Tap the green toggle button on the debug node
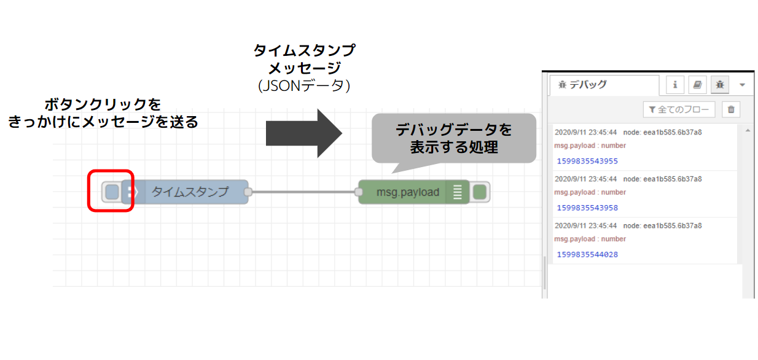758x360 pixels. click(x=480, y=192)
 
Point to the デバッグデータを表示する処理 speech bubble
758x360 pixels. click(x=453, y=138)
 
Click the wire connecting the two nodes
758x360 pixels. click(x=303, y=192)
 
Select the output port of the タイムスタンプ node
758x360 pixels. click(x=248, y=192)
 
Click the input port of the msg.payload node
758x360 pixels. click(x=359, y=192)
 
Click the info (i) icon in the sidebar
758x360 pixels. click(x=675, y=85)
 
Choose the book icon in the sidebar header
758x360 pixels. click(x=697, y=85)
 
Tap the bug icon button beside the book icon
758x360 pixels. click(x=719, y=85)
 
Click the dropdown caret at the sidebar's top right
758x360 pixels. click(x=742, y=85)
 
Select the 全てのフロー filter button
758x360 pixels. click(x=679, y=110)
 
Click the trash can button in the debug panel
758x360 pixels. click(x=731, y=110)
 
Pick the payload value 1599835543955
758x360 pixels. click(x=587, y=161)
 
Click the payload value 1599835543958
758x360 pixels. click(x=587, y=208)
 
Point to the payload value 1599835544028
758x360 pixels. click(x=587, y=254)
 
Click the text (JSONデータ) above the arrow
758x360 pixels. click(x=304, y=85)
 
